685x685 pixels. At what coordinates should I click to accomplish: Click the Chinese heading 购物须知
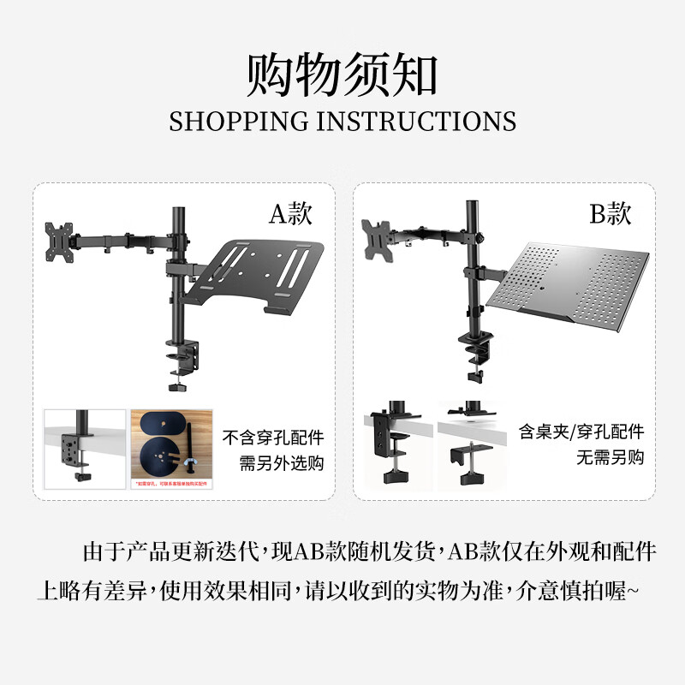(342, 74)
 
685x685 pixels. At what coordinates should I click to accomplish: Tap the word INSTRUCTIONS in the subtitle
(416, 121)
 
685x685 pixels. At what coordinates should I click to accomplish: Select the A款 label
(291, 214)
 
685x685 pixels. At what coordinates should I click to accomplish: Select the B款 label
(611, 214)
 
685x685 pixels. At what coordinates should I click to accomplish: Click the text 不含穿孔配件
(274, 438)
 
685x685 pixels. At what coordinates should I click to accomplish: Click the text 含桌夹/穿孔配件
(581, 432)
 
